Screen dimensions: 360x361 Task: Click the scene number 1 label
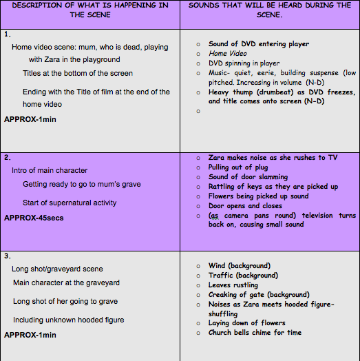[x=7, y=34]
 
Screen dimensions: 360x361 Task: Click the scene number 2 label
[x=7, y=157]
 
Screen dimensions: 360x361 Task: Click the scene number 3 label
[x=7, y=256]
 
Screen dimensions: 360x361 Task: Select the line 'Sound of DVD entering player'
[x=259, y=44]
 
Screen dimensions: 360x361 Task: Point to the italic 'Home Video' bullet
[x=228, y=54]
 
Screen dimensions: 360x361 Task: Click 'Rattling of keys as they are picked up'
[x=273, y=187]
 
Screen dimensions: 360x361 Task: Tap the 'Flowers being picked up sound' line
[x=259, y=196]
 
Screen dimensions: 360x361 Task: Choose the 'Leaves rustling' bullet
[x=233, y=285]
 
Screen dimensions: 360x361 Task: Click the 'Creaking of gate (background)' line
[x=259, y=295]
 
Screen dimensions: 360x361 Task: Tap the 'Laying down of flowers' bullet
[x=247, y=323]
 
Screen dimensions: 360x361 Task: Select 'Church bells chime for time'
[x=255, y=333]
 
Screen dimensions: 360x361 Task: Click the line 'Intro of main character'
[x=50, y=170]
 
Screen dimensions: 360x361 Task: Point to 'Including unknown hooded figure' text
[x=68, y=320]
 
